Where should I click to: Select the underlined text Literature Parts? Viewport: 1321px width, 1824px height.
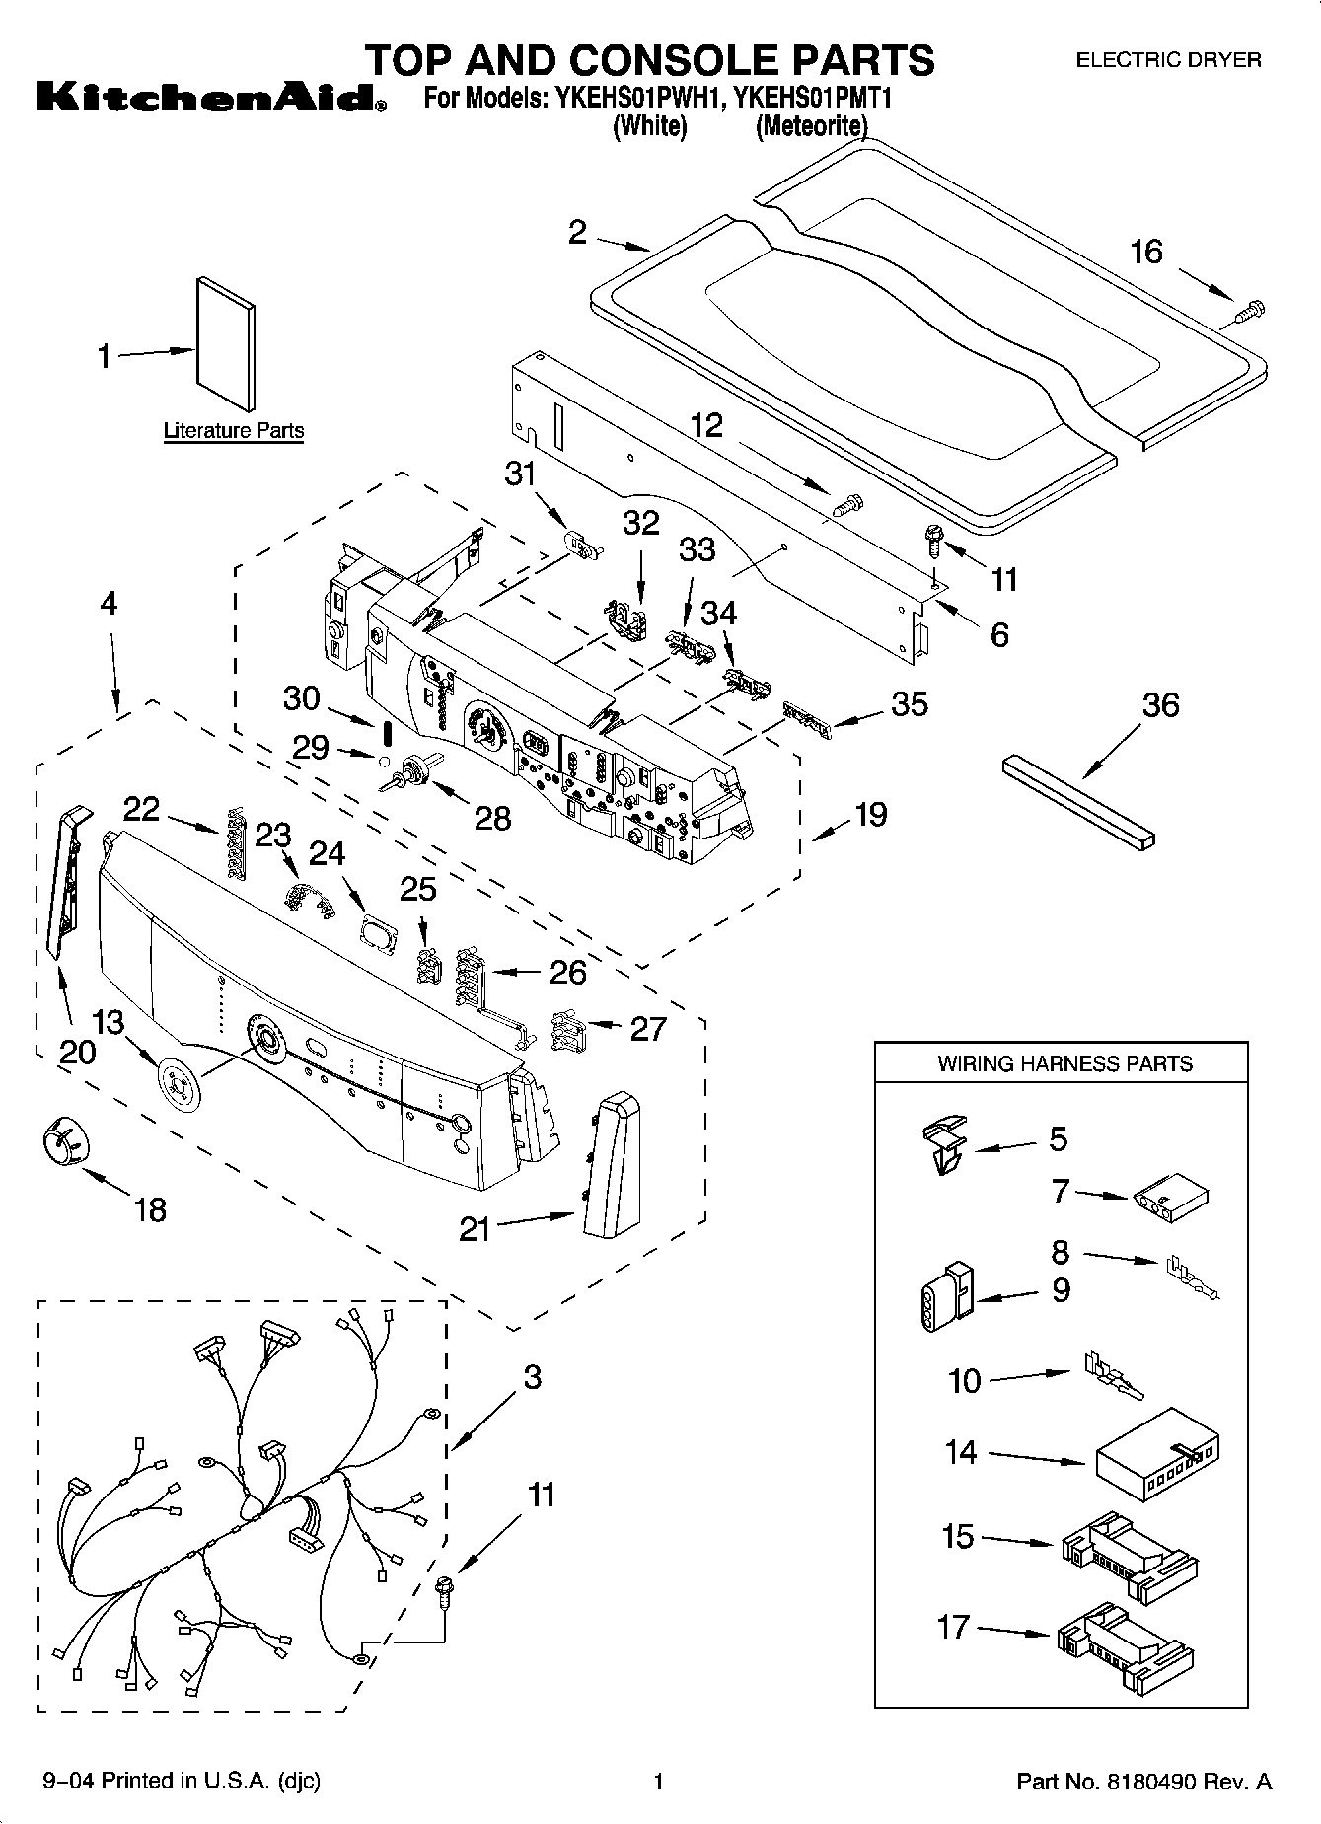click(233, 431)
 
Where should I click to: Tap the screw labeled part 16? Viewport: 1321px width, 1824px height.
click(1248, 313)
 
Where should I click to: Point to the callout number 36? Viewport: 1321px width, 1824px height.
click(1160, 705)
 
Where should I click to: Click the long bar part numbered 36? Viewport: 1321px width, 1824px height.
click(1078, 801)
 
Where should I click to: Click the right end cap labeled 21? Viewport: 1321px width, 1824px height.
click(609, 1165)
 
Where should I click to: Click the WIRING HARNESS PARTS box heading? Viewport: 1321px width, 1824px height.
click(1064, 1063)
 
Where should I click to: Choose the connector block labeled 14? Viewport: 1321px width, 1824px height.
click(1154, 1454)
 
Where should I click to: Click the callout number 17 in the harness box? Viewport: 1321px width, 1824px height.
click(953, 1626)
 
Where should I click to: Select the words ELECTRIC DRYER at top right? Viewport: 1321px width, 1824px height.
click(1167, 60)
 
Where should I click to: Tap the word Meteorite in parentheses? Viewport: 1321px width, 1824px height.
click(811, 127)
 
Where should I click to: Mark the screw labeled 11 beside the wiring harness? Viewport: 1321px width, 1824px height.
click(445, 1589)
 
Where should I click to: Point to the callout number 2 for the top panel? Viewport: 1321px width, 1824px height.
click(577, 232)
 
